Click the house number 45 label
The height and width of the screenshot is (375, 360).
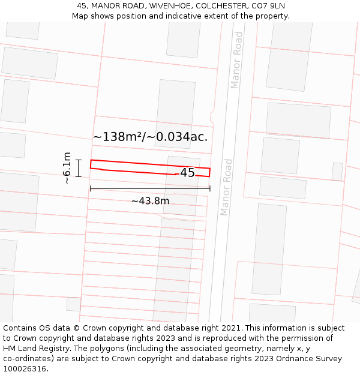point(187,173)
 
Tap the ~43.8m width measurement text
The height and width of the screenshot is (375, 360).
point(150,201)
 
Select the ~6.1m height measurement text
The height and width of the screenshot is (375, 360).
point(67,168)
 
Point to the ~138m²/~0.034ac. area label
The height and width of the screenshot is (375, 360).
point(150,137)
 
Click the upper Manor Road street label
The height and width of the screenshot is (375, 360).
point(236,60)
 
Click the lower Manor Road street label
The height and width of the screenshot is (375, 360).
point(226,187)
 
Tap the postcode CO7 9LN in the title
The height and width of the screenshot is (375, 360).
point(269,6)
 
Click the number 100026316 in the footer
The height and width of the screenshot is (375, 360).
point(26,369)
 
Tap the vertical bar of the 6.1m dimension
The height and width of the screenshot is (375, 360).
point(78,168)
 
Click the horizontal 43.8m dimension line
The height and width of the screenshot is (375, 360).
point(150,188)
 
